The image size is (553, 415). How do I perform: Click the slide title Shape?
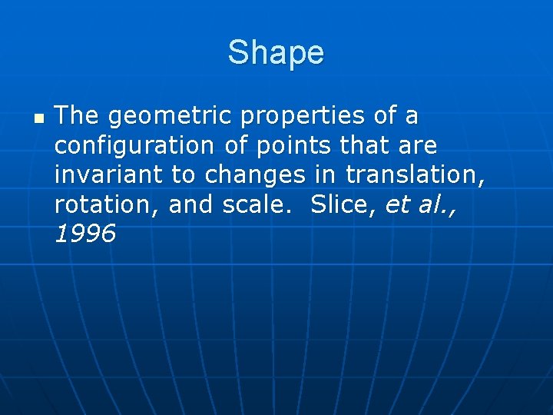276,53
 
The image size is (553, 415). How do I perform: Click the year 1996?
85,234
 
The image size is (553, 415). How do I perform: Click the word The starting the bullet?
78,117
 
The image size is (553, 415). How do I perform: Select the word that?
364,145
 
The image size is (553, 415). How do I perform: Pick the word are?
418,146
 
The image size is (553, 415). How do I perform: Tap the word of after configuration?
235,145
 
